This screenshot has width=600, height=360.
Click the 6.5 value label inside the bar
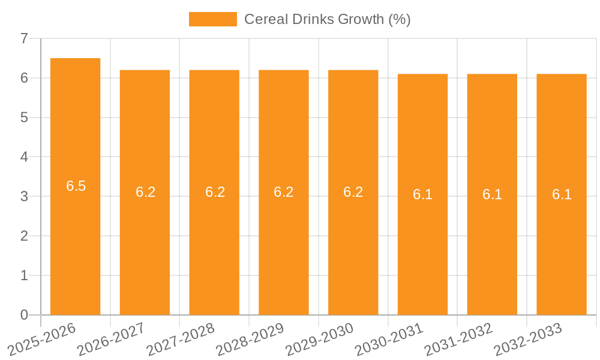point(76,186)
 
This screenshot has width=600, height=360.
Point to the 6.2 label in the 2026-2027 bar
point(145,192)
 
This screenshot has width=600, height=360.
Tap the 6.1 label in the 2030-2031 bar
point(423,194)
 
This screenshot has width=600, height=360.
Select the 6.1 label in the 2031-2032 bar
point(492,194)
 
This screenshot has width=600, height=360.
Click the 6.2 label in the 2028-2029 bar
point(284,192)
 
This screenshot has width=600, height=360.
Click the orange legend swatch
point(212,19)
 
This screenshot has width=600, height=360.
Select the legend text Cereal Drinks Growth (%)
point(327,19)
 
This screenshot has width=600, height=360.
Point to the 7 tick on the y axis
point(24,38)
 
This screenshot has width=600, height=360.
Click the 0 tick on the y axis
point(24,315)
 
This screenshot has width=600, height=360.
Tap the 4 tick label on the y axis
point(24,157)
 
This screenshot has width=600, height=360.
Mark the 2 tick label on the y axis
point(24,236)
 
